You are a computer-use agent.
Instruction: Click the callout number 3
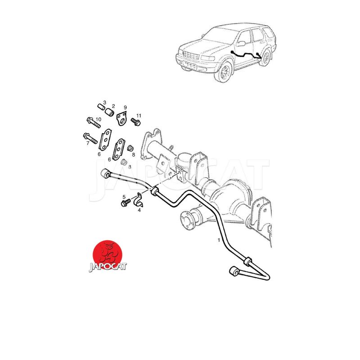coord(105,103)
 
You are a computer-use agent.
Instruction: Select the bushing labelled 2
coord(109,112)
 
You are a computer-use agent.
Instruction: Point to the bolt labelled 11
coord(136,121)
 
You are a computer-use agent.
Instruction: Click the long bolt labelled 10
coord(94,123)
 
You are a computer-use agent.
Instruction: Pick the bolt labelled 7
coord(90,138)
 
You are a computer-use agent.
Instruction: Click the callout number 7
coord(88,144)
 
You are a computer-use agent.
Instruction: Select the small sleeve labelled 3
coord(100,107)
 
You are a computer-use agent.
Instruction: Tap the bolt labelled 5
coord(126,202)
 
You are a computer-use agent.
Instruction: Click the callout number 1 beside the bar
coord(219,240)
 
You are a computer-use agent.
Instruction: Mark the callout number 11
coord(139,116)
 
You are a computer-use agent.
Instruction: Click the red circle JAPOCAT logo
coord(108,255)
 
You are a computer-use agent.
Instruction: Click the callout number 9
coord(125,108)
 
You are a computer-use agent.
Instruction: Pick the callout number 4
coord(139,210)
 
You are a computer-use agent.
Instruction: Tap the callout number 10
coord(98,119)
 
